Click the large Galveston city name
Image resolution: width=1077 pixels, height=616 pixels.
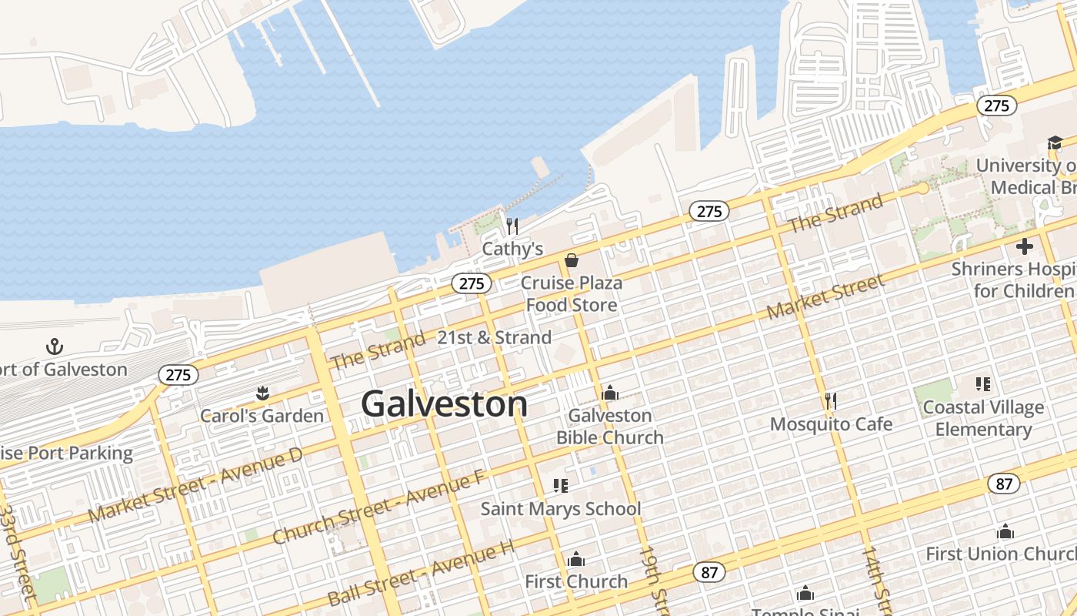pos(445,404)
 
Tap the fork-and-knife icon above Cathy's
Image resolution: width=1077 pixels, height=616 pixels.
pos(512,226)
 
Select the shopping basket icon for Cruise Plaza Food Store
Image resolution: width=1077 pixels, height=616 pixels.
pos(572,260)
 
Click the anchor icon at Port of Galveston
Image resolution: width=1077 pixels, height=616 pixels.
pos(54,346)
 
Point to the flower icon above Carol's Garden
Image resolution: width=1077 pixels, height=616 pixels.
pos(262,394)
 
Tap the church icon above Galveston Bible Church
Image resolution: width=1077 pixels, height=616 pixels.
pos(610,393)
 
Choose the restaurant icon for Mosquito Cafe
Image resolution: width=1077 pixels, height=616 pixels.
pos(830,400)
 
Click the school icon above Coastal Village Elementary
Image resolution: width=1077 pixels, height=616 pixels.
pos(982,383)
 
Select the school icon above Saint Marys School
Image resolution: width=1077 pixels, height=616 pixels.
pos(560,485)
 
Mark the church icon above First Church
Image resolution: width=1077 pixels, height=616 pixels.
pos(576,559)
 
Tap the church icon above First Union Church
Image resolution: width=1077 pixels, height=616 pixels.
pos(1005,531)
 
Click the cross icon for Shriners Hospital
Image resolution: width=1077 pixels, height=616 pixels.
pos(1024,246)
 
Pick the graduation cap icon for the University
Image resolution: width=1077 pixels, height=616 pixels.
pos(1054,142)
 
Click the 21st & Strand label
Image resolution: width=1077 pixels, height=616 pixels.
pos(494,337)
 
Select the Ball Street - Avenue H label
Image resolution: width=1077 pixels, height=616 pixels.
pos(420,573)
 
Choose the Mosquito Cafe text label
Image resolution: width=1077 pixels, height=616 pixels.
pos(831,424)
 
